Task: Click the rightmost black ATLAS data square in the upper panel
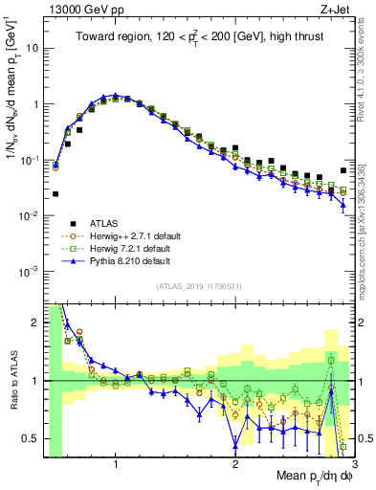[x=343, y=171]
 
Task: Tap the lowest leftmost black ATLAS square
[x=55, y=193]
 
